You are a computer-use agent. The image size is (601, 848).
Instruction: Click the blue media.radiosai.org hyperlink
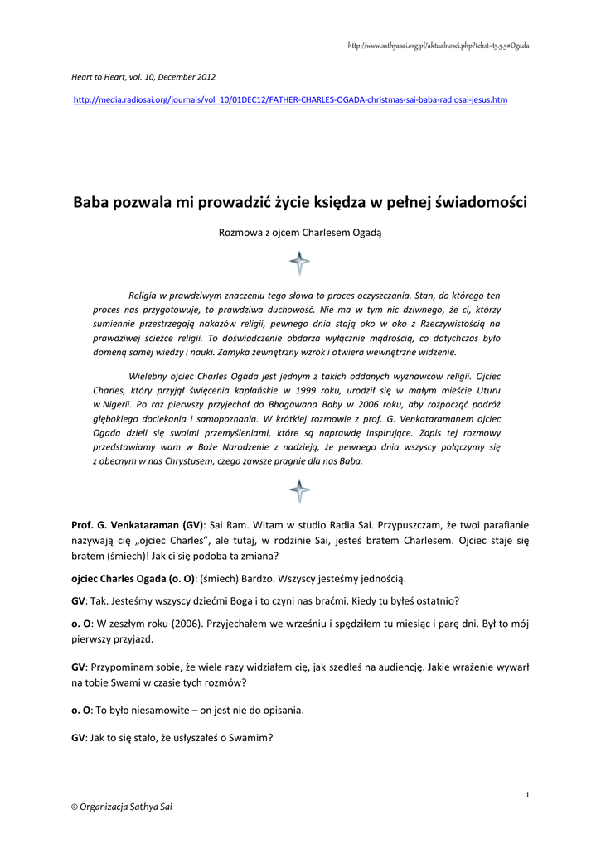point(291,100)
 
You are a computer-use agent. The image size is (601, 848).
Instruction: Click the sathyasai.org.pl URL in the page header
point(439,46)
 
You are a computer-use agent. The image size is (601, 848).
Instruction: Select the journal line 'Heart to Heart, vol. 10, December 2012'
point(143,77)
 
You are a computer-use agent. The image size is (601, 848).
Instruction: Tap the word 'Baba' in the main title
point(94,201)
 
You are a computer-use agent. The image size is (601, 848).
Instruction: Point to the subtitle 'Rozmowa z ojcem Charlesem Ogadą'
point(300,233)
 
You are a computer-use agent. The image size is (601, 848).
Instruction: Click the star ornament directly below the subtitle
point(300,263)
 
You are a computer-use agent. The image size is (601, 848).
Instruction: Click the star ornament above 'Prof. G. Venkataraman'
point(300,491)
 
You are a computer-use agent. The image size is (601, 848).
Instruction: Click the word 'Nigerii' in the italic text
point(116,403)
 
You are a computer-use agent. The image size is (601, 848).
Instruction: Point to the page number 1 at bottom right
point(527,796)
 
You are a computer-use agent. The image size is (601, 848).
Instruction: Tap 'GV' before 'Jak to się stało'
point(79,738)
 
